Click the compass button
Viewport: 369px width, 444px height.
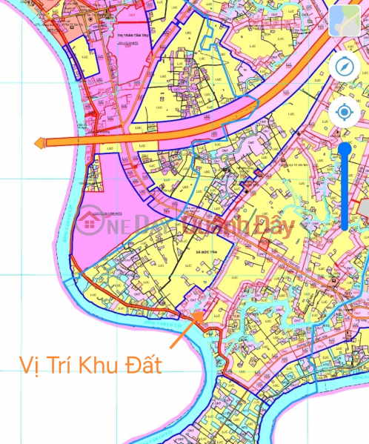pyautogui.click(x=344, y=65)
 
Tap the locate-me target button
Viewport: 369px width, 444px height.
pyautogui.click(x=344, y=113)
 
